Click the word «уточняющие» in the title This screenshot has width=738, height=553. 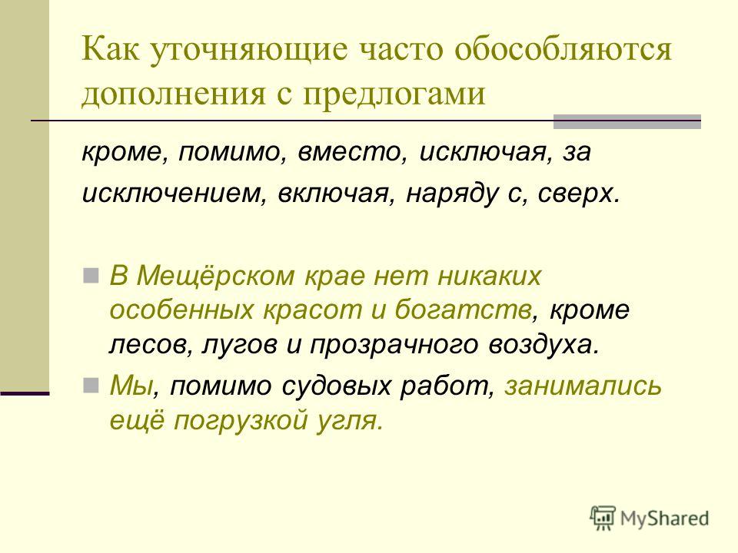click(249, 51)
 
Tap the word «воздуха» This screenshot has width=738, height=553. click(545, 346)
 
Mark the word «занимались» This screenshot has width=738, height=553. click(583, 386)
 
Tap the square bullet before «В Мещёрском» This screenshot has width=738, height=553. click(91, 275)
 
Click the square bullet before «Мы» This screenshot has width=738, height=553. click(91, 386)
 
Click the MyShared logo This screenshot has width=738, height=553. click(650, 518)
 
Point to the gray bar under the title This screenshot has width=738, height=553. click(627, 121)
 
